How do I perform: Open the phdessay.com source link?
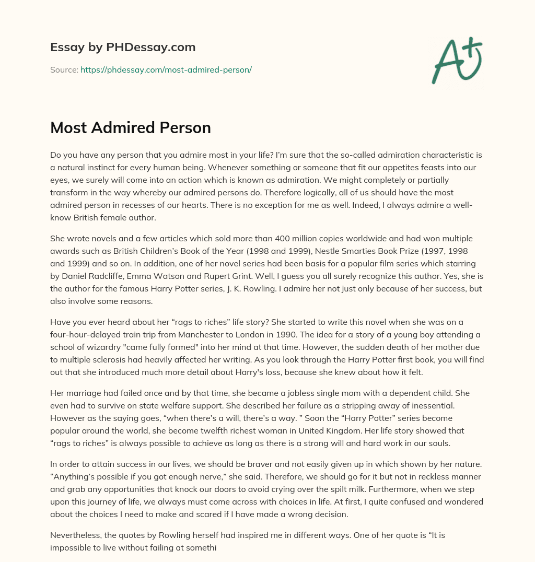coord(166,69)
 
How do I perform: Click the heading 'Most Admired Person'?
coord(130,127)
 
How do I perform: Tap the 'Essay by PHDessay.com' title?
coord(123,47)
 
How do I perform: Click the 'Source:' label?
coord(64,69)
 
